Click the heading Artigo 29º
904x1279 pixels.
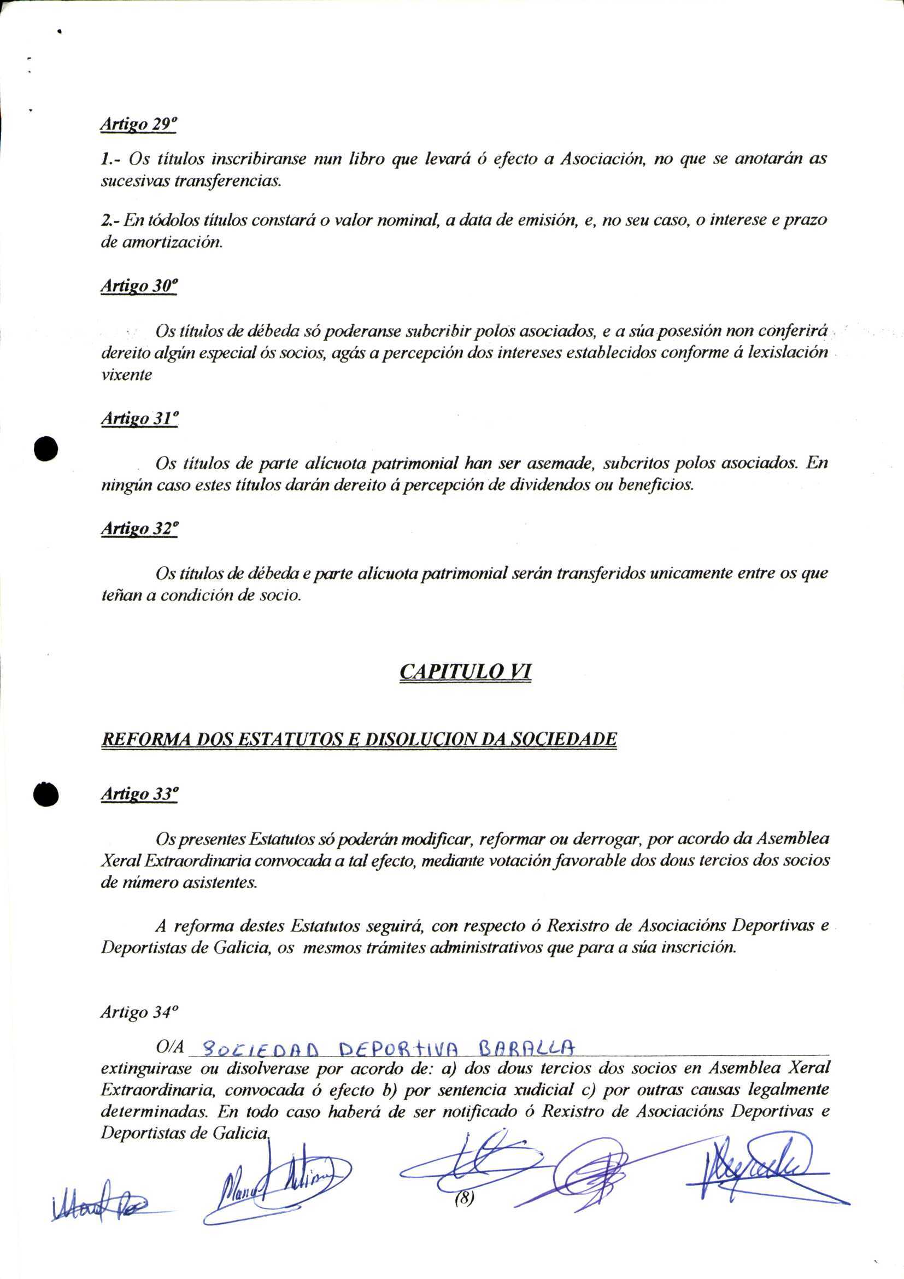(x=138, y=125)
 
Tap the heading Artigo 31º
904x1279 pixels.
(x=139, y=419)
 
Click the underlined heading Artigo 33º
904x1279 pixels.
(x=139, y=795)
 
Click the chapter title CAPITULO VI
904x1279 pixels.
(x=465, y=672)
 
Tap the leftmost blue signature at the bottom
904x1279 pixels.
(x=97, y=1206)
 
